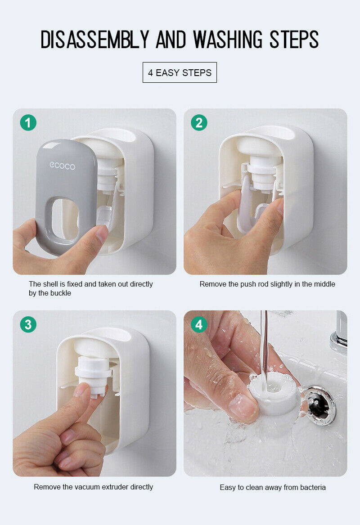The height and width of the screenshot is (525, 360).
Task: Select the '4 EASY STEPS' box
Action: pos(180,72)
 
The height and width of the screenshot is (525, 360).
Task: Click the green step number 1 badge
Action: pos(28,122)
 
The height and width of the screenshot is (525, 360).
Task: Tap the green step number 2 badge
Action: pos(199,122)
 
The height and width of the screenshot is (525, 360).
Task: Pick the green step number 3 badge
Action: pos(28,324)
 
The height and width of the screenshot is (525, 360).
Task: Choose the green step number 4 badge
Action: pos(199,324)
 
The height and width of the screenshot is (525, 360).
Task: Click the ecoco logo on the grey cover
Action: pos(62,166)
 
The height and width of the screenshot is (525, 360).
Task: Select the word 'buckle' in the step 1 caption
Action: pos(60,293)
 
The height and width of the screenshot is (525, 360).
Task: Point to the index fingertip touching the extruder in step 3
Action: pos(83,391)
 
